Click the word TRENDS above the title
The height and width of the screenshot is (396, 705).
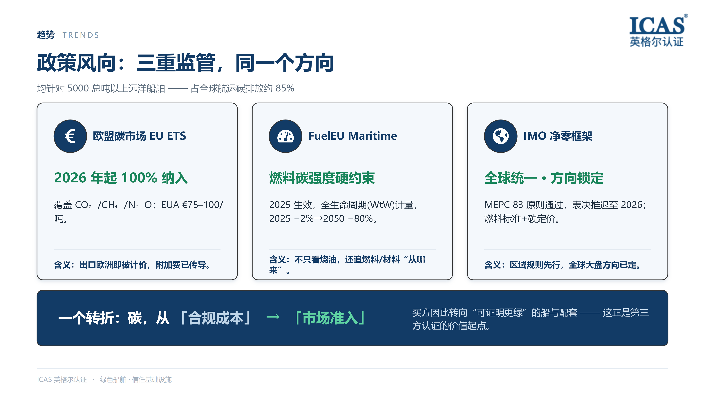(x=81, y=35)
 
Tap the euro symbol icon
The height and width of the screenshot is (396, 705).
(x=70, y=136)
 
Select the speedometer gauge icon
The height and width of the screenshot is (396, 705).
(x=285, y=136)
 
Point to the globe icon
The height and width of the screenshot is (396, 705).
(x=500, y=136)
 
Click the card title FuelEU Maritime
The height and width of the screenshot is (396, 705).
(x=352, y=136)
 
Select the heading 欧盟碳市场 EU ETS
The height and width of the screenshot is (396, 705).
(x=139, y=136)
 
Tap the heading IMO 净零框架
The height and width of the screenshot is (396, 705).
(x=558, y=136)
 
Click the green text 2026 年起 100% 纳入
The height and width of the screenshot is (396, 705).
(x=121, y=178)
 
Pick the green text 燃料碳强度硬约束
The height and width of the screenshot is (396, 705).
(x=322, y=178)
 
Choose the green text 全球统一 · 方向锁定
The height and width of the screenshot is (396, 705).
(x=544, y=178)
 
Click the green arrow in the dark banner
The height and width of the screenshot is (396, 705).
(x=273, y=317)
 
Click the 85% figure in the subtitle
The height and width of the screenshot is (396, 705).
(x=285, y=88)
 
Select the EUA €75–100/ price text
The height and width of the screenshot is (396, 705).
(x=192, y=205)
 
